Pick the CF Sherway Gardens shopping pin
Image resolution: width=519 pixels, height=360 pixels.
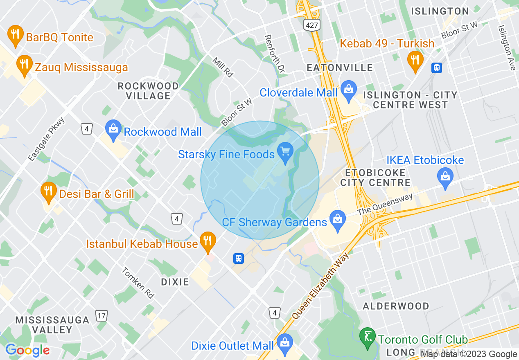[x=337, y=221]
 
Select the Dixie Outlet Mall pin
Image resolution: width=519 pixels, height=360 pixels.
[x=284, y=344]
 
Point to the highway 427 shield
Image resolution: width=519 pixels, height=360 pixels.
[x=311, y=25]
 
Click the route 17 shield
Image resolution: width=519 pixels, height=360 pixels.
[x=101, y=315]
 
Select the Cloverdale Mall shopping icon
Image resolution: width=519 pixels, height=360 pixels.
[x=348, y=91]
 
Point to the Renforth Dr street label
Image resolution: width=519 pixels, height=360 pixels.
[x=274, y=54]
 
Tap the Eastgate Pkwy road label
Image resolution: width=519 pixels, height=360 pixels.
[x=47, y=139]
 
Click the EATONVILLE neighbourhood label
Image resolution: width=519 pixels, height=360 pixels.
[x=340, y=67]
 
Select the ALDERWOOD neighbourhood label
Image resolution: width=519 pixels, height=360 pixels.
[x=396, y=306]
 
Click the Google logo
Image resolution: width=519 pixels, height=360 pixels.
[x=27, y=350]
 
